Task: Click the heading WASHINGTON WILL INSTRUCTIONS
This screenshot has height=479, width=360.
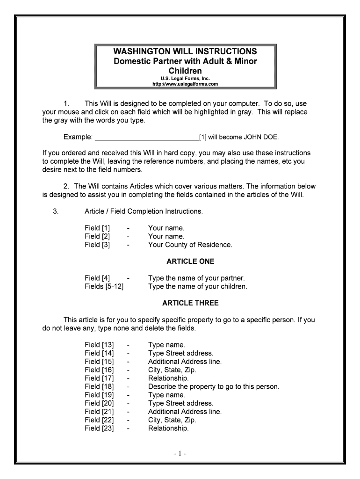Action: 185,51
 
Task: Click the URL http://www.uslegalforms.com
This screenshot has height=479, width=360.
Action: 185,84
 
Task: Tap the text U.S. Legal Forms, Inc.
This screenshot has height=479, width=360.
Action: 185,79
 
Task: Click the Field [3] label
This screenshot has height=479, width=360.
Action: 97,245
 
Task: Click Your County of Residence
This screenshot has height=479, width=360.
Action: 190,245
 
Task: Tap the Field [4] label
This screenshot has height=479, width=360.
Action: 97,278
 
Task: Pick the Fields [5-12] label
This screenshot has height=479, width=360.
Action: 104,286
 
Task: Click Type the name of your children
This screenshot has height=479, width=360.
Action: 197,286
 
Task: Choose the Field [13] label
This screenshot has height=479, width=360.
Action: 99,345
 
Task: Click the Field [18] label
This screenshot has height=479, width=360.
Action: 99,386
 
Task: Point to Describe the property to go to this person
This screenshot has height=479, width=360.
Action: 213,386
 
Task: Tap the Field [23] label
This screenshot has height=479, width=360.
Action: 99,428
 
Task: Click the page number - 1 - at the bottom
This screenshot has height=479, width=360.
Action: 180,454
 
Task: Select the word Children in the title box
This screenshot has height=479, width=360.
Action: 185,71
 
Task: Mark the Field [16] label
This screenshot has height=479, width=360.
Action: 99,370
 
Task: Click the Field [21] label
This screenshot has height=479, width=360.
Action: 99,412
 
